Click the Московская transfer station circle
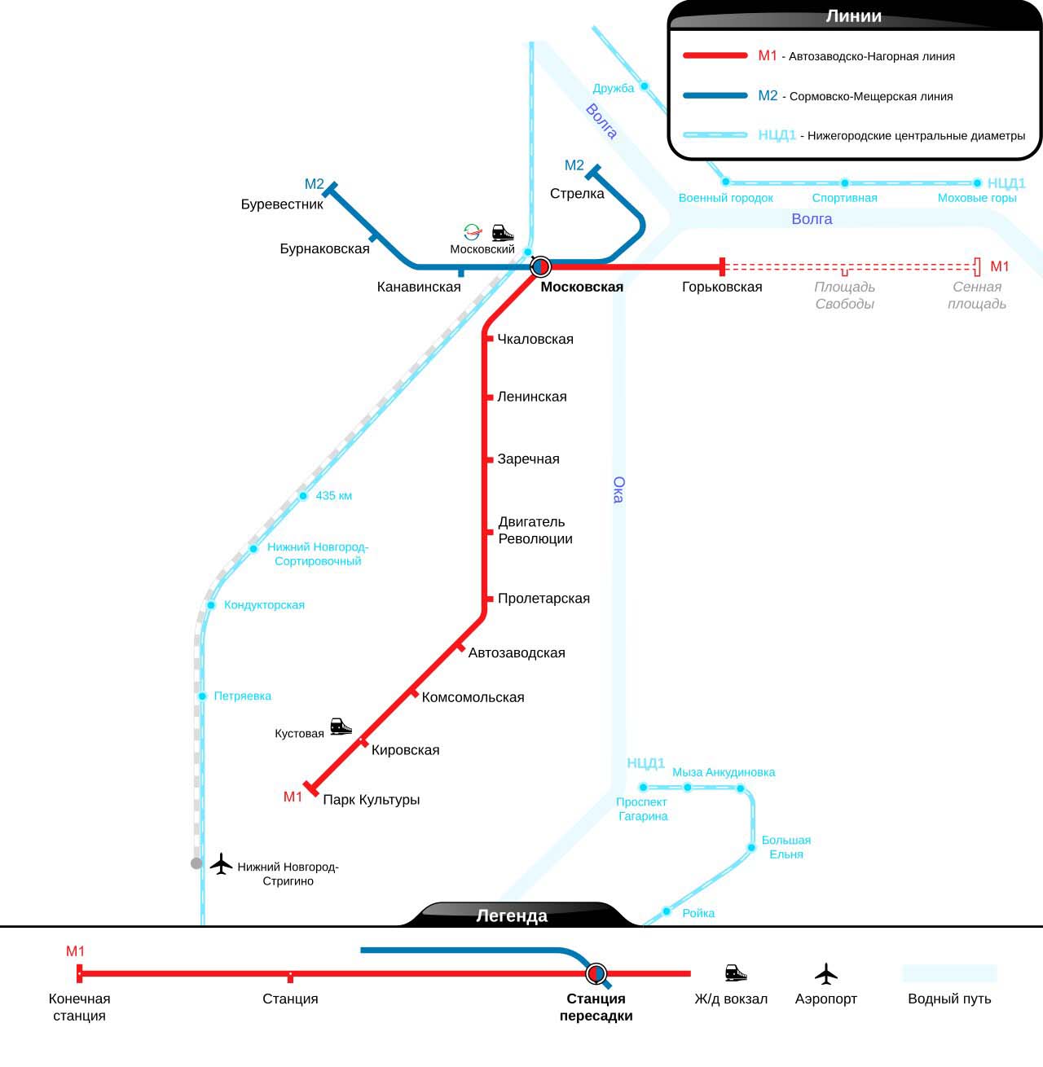pyautogui.click(x=540, y=266)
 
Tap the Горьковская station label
pyautogui.click(x=722, y=287)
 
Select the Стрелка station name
pyautogui.click(x=577, y=194)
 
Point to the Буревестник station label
pyautogui.click(x=282, y=204)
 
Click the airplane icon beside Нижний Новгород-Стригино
pyautogui.click(x=221, y=863)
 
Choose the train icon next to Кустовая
pyautogui.click(x=341, y=727)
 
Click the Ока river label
pyautogui.click(x=618, y=490)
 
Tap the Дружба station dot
pyautogui.click(x=644, y=86)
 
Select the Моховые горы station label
pyautogui.click(x=977, y=198)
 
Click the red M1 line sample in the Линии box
pyautogui.click(x=715, y=56)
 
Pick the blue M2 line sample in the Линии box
pyautogui.click(x=715, y=96)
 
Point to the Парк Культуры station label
pyautogui.click(x=372, y=800)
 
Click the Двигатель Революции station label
pyautogui.click(x=535, y=530)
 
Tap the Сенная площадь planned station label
pyautogui.click(x=977, y=296)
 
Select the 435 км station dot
pyautogui.click(x=303, y=496)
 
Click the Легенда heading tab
pyautogui.click(x=512, y=916)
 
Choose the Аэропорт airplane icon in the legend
pyautogui.click(x=826, y=973)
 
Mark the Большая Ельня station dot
pyautogui.click(x=751, y=848)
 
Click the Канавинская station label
pyautogui.click(x=419, y=287)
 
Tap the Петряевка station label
pyautogui.click(x=243, y=696)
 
